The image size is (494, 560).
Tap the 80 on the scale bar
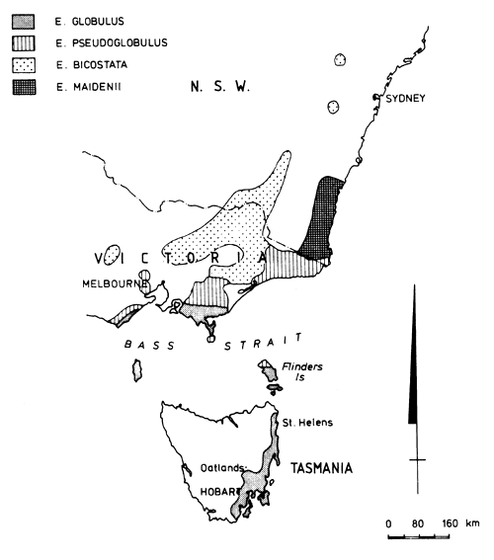[x=419, y=523]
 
